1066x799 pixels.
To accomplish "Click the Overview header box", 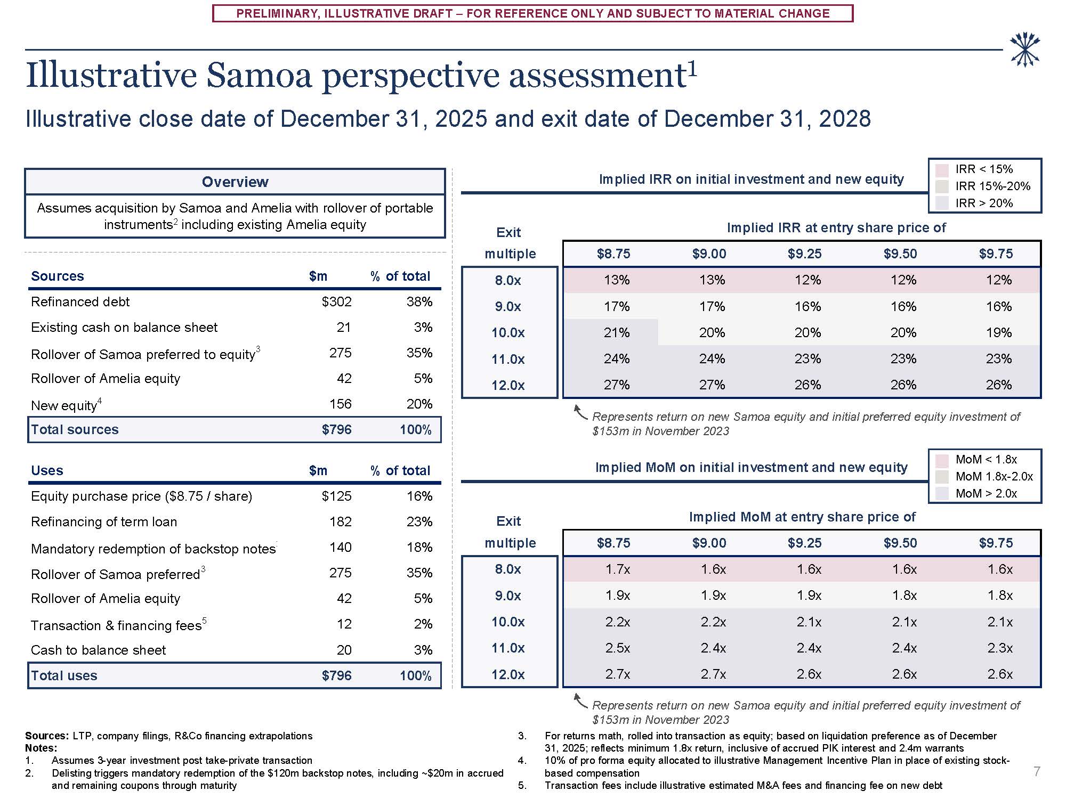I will point(235,182).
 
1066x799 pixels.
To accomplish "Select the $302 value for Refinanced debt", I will point(336,302).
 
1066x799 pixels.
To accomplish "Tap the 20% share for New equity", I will point(419,404).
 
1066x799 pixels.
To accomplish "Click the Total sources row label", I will point(75,430).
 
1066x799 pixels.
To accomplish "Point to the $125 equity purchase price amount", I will point(336,496).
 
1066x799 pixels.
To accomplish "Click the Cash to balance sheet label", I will point(98,650).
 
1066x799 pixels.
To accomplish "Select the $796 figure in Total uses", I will point(336,676).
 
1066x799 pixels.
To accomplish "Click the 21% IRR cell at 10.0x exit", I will point(616,333).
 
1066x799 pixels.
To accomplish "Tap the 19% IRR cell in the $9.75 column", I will point(998,333).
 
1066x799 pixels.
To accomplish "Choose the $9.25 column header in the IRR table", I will point(804,254).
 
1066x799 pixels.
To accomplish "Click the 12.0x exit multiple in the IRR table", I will point(508,386).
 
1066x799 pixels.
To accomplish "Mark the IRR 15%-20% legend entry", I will point(992,186).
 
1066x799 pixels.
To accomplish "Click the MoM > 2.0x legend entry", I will point(986,494).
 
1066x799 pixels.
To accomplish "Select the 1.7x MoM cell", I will point(617,569).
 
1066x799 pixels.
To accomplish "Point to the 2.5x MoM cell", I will point(617,648).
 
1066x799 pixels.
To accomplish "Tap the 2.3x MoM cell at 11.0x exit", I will point(999,648).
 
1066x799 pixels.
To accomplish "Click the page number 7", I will point(1036,772).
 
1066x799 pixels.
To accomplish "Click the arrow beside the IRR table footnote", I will point(579,412).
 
